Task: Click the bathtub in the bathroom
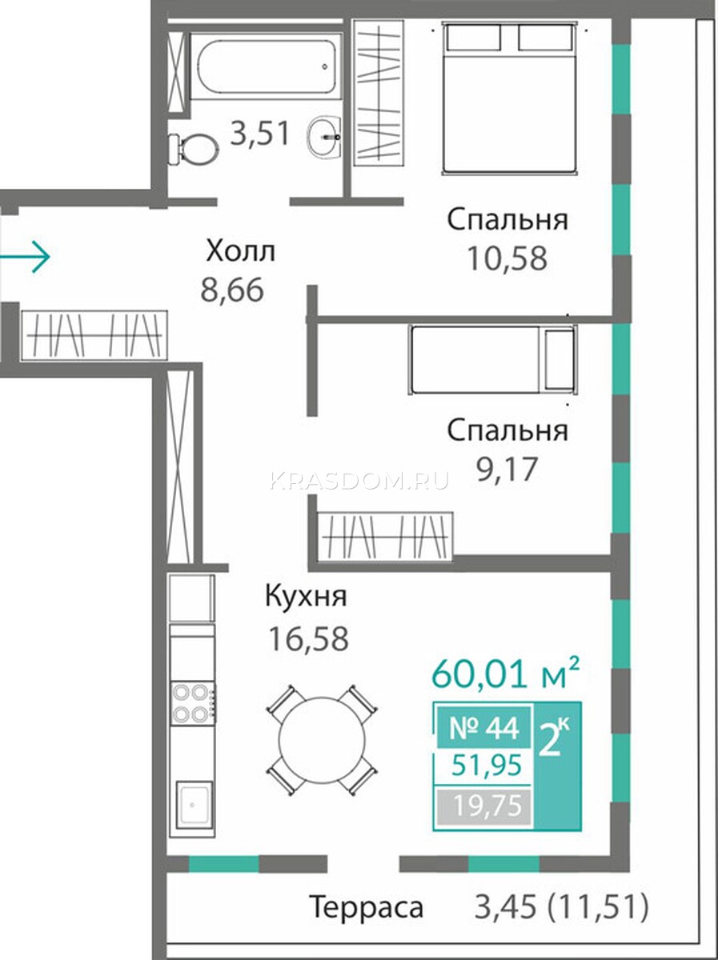[266, 67]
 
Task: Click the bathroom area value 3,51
[260, 134]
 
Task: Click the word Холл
[241, 251]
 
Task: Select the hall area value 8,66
[232, 290]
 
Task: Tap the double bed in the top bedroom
[510, 98]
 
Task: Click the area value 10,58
[507, 258]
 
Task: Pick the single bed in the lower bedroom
[492, 359]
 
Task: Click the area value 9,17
[507, 469]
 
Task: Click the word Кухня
[306, 596]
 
